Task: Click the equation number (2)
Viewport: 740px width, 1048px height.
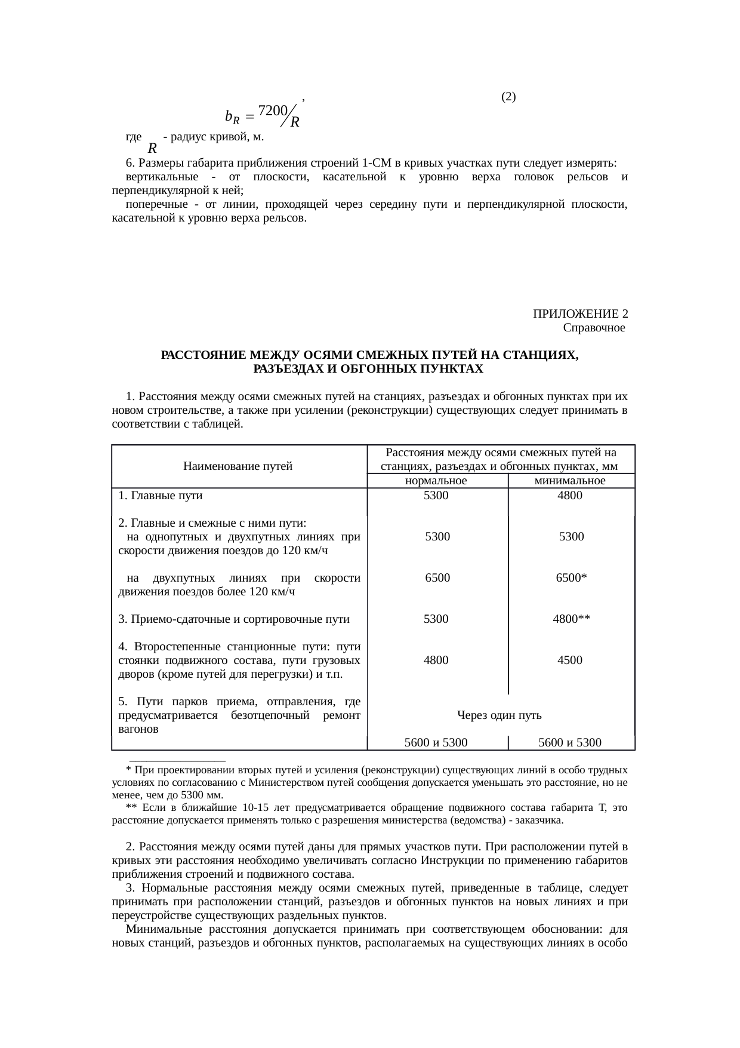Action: pyautogui.click(x=508, y=97)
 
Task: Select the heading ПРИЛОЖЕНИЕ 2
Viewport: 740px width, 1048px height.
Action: pyautogui.click(x=580, y=314)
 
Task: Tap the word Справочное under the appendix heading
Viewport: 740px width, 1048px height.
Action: pyautogui.click(x=594, y=328)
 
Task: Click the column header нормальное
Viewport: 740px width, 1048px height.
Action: pyautogui.click(x=436, y=481)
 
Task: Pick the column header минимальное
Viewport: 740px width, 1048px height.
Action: pyautogui.click(x=571, y=481)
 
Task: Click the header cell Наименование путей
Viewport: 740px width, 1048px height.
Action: pyautogui.click(x=238, y=466)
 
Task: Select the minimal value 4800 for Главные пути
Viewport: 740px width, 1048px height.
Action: pyautogui.click(x=570, y=496)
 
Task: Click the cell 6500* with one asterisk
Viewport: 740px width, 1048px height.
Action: pyautogui.click(x=571, y=578)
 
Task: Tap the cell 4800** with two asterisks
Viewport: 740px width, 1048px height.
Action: pyautogui.click(x=571, y=619)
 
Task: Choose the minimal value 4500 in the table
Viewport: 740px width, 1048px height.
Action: pyautogui.click(x=570, y=660)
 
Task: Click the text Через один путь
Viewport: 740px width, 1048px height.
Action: pyautogui.click(x=499, y=715)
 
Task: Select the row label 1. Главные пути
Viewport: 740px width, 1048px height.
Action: pyautogui.click(x=161, y=496)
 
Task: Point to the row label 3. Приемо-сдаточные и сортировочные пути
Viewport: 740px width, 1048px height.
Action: pyautogui.click(x=234, y=619)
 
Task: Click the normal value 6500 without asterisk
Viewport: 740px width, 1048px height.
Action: pyautogui.click(x=437, y=578)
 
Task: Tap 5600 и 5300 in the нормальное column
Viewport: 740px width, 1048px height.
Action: pyautogui.click(x=436, y=743)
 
